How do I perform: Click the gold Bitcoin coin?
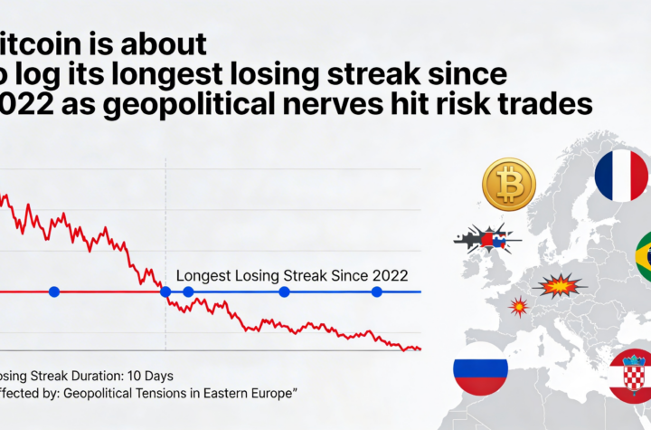coord(509,184)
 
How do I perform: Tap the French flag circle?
coord(621,176)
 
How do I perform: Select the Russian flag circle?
coord(480,368)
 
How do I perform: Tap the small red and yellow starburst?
coord(519,306)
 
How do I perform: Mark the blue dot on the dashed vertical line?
coord(165,291)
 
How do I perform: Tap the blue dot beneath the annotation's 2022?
coord(377,291)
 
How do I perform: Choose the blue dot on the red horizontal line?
coord(54,291)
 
